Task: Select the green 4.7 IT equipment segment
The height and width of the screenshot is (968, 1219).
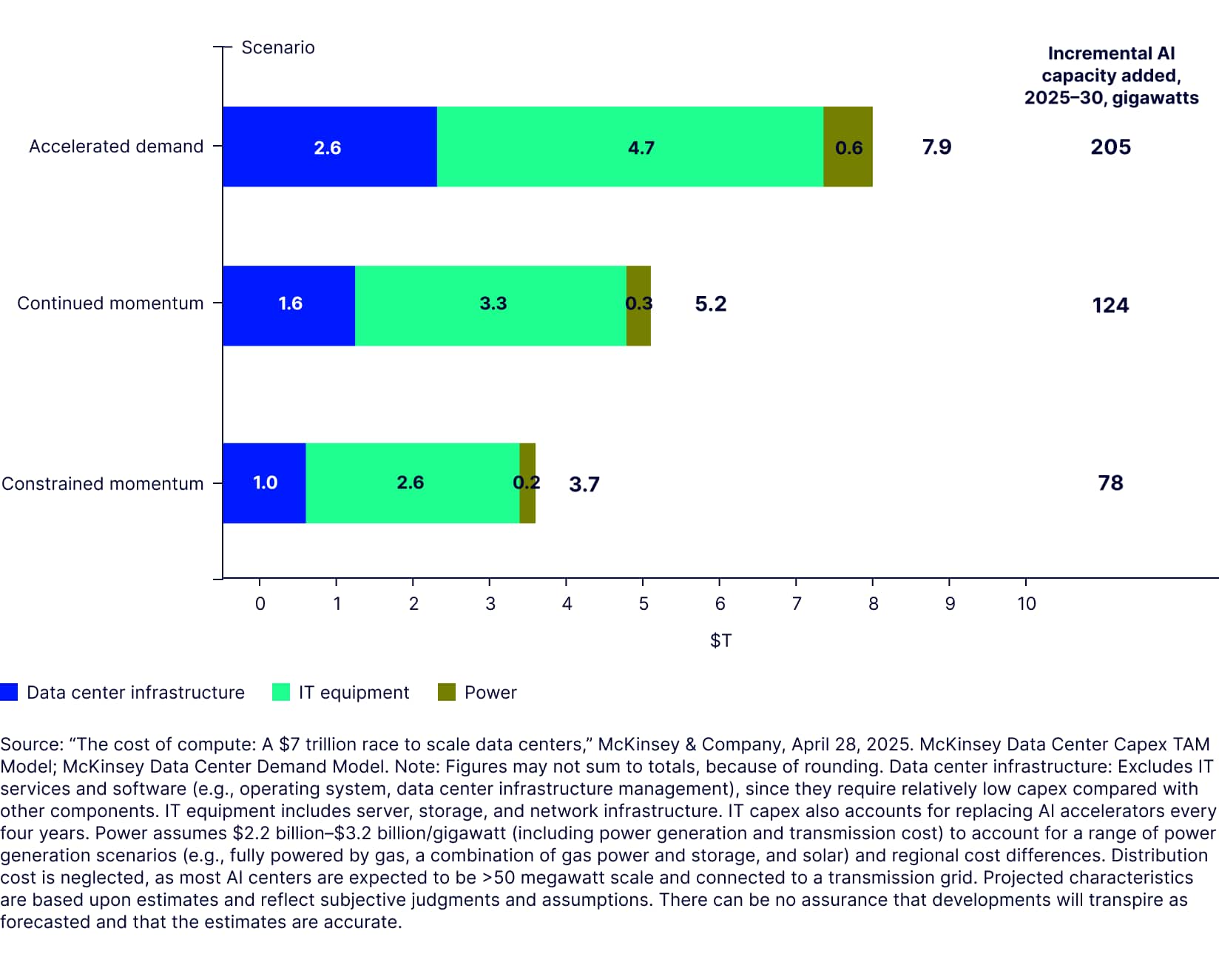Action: [629, 147]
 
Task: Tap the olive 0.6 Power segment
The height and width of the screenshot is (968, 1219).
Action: [848, 147]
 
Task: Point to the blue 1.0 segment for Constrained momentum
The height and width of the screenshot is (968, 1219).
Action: [264, 483]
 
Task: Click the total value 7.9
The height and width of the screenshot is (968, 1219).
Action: [936, 147]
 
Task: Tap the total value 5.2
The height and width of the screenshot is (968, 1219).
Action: [710, 304]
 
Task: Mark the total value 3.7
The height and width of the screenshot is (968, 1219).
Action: [584, 484]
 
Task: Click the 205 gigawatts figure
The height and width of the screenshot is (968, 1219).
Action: [1110, 147]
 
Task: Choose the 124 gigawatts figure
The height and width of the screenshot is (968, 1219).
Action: [1110, 305]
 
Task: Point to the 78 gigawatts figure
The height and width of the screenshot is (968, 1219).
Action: [1110, 483]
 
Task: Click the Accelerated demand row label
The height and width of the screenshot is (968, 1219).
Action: [116, 147]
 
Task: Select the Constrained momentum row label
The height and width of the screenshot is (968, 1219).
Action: [103, 484]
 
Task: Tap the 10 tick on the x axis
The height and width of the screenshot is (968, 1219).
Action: [1026, 604]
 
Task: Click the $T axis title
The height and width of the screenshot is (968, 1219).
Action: [720, 640]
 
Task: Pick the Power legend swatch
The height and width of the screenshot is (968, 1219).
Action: [447, 692]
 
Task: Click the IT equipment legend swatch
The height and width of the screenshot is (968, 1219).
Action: [281, 692]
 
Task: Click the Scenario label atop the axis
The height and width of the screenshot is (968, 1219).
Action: [278, 47]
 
